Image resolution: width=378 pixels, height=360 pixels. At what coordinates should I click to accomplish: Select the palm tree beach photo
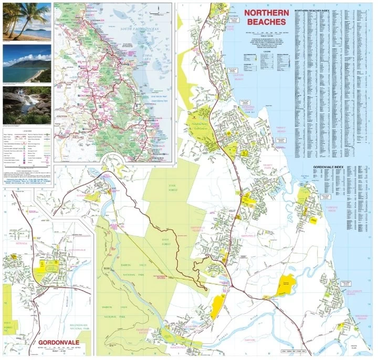coord(27,21)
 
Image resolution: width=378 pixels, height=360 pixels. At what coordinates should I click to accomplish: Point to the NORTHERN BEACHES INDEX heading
coord(313,10)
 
